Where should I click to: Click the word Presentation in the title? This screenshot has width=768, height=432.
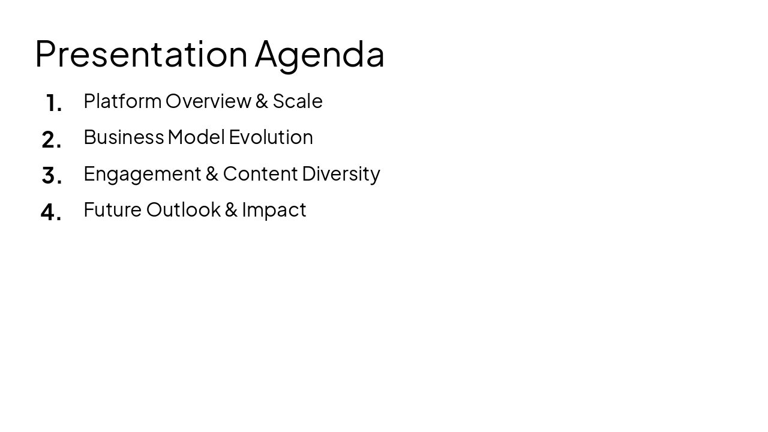(141, 54)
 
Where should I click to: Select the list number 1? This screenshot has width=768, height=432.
(54, 103)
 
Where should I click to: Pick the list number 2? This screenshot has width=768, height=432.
(52, 140)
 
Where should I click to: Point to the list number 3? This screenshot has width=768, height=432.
(52, 176)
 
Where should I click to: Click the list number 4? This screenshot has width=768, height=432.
(51, 212)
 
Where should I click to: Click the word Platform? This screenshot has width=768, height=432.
(122, 101)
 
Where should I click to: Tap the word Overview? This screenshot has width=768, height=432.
(208, 101)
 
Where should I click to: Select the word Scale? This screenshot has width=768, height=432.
(298, 101)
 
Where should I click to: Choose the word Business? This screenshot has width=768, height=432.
(124, 137)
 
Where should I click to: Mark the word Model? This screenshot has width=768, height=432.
(196, 137)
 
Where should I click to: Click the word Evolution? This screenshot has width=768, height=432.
(271, 137)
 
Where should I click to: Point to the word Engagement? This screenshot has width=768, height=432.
(142, 174)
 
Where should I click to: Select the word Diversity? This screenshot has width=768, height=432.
(341, 173)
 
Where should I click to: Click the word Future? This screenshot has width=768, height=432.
(112, 209)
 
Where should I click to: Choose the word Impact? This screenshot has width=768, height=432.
(274, 210)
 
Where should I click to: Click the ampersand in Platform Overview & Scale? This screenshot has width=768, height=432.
(262, 101)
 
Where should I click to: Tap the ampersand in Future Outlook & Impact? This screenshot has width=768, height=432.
(231, 209)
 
